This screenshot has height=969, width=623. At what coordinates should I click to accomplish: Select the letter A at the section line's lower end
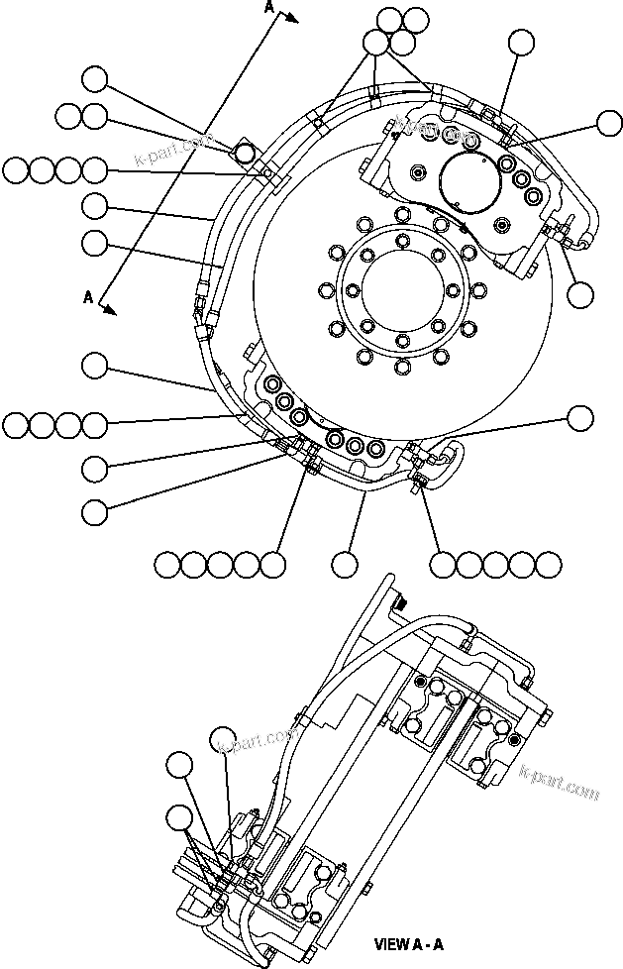[88, 296]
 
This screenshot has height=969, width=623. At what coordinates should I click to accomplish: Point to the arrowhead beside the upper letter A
[291, 16]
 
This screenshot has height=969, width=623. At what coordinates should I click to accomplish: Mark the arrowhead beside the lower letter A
[111, 309]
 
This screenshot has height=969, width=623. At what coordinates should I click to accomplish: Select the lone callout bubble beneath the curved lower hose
[345, 564]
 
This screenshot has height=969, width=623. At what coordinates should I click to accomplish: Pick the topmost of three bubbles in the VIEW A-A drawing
[225, 738]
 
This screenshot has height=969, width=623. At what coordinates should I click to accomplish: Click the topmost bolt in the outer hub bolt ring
[402, 215]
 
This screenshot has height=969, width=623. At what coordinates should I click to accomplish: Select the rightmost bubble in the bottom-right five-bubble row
[549, 564]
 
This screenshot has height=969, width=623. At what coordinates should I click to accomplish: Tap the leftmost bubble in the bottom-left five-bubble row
[168, 565]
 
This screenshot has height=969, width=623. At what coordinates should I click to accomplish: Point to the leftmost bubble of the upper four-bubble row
[15, 170]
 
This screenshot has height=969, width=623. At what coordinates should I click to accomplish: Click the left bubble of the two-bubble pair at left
[68, 116]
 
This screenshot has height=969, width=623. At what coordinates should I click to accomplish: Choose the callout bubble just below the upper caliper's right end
[580, 293]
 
